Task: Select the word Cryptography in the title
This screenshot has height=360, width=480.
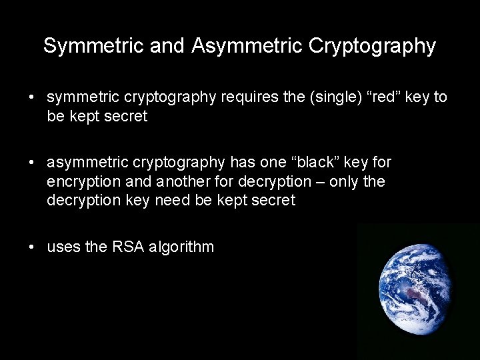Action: [x=372, y=46]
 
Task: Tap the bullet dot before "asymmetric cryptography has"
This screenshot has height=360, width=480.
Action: [x=32, y=163]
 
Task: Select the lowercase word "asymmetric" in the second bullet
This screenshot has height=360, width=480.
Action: [x=87, y=162]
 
